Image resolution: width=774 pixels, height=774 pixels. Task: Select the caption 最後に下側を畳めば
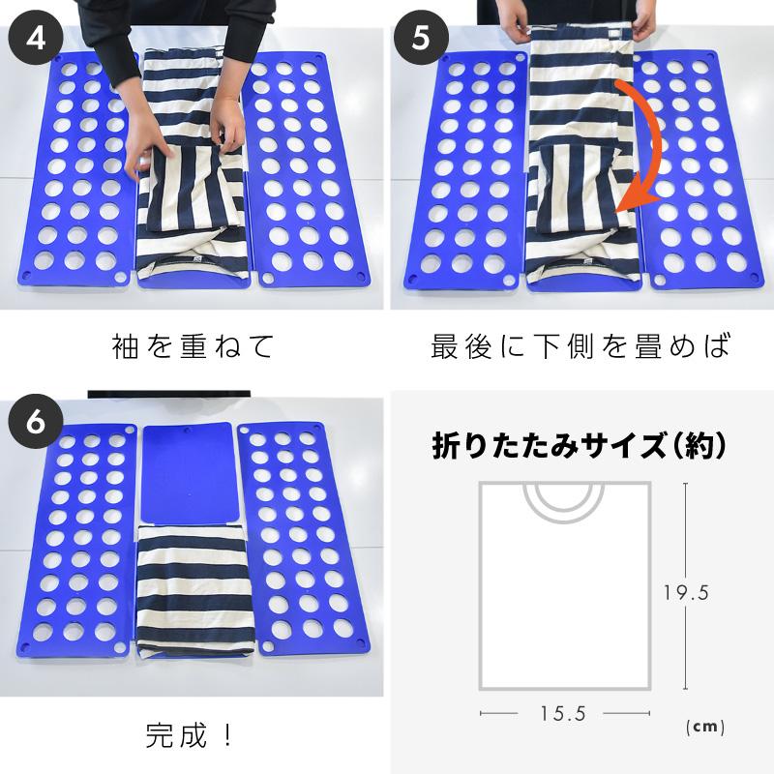580,346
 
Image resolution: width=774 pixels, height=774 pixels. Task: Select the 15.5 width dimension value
563,714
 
